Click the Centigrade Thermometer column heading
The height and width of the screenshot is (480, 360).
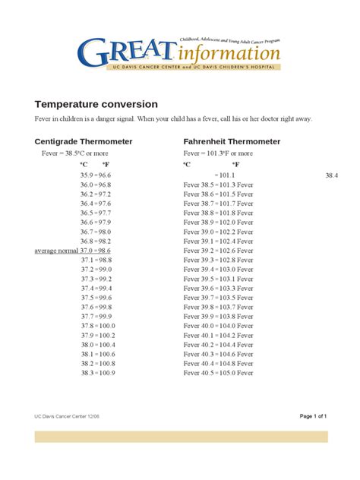[84, 141]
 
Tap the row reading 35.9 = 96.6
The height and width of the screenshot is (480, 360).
[96, 175]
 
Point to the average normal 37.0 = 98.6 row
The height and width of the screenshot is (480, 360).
[73, 250]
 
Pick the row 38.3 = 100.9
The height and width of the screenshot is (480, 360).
[97, 372]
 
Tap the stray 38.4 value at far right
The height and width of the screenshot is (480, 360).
[331, 175]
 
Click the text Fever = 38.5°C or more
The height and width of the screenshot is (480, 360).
[69, 153]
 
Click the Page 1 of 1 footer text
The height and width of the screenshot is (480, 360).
[313, 416]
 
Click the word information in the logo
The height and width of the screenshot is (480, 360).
[231, 53]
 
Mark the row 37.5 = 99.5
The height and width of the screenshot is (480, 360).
[96, 297]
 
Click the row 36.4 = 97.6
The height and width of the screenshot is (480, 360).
[96, 204]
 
